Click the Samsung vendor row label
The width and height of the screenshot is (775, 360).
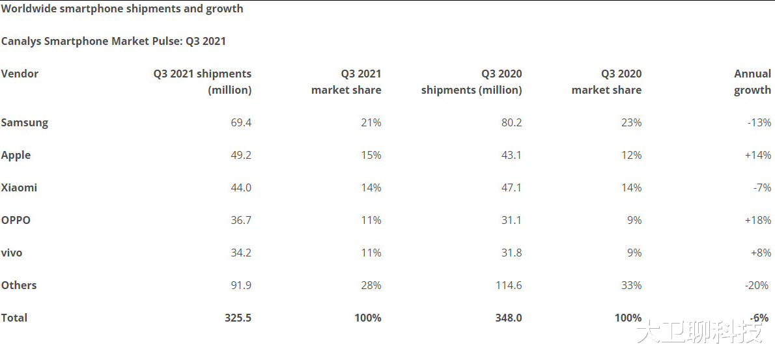tap(25, 122)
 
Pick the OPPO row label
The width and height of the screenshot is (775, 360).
tap(16, 220)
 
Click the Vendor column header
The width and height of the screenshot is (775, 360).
tap(20, 74)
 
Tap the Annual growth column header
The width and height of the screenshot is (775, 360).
tap(752, 82)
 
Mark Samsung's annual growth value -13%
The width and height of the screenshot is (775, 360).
tap(759, 122)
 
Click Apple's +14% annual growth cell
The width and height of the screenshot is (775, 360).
tap(758, 155)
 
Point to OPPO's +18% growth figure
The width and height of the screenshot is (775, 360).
tap(758, 220)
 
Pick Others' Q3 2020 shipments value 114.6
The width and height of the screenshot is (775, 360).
tap(508, 285)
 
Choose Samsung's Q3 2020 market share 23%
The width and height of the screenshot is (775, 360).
tap(630, 122)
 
